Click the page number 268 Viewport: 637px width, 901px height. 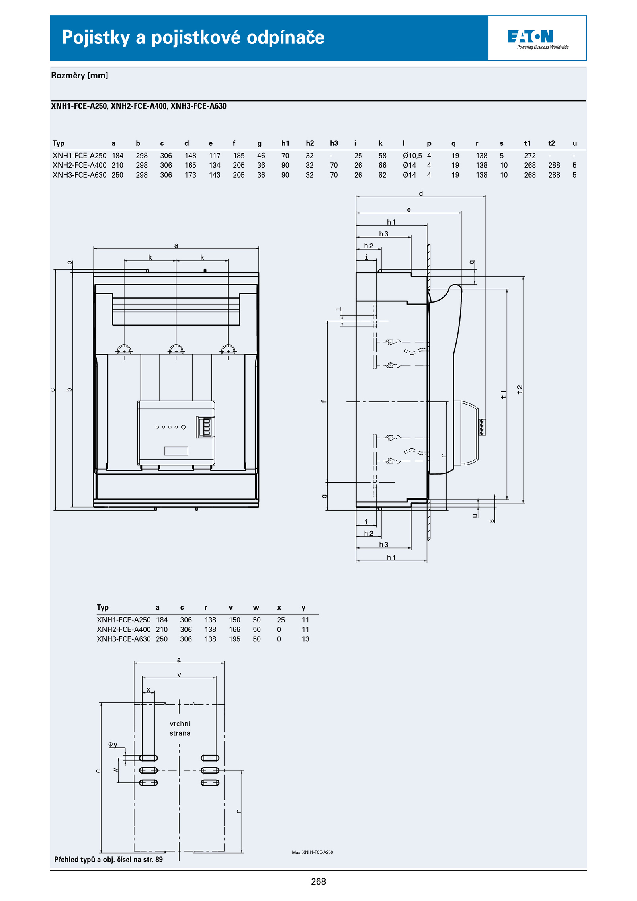[x=318, y=881]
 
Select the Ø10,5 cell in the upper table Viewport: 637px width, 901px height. [x=412, y=156]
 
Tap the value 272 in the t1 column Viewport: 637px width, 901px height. [x=530, y=156]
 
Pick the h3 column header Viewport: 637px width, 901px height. [x=334, y=143]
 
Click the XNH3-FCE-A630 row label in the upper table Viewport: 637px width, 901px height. [x=80, y=175]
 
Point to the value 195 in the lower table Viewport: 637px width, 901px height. [x=234, y=639]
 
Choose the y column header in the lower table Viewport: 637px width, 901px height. [x=303, y=608]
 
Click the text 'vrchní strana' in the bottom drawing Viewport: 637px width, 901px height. [x=180, y=728]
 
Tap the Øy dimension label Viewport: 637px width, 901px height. [x=113, y=744]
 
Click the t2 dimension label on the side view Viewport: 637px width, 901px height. [x=520, y=389]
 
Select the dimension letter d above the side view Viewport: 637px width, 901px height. [x=421, y=193]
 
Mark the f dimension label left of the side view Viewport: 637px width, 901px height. [x=324, y=401]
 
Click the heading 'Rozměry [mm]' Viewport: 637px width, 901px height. [x=80, y=76]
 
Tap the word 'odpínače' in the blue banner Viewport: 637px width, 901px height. [x=285, y=37]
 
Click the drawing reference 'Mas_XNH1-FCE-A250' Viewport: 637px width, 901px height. [x=312, y=852]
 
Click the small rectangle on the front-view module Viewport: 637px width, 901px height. [x=176, y=451]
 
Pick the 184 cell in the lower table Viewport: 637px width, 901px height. [x=162, y=620]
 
